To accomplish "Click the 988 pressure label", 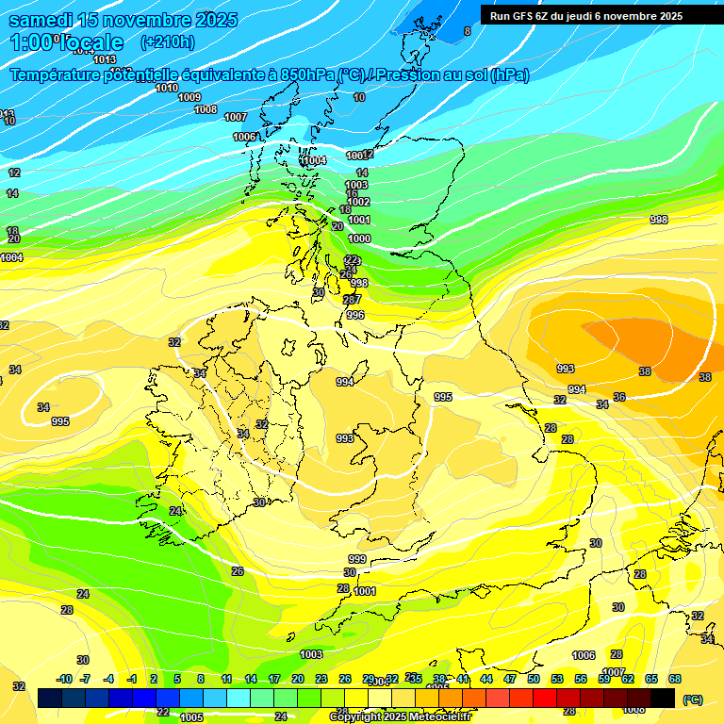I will point(659,220).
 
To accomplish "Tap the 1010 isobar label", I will point(167,88).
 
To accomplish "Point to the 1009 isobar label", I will point(189,97).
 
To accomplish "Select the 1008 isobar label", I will point(206,109).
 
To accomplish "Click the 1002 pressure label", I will point(358,202).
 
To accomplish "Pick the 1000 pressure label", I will point(359,239).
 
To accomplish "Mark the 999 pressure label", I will point(356,559).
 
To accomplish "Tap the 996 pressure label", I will point(355,315).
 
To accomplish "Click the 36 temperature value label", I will point(619,397).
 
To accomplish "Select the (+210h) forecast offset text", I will point(167,41).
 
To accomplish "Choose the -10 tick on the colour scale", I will point(64,679).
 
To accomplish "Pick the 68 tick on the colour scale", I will point(675,679).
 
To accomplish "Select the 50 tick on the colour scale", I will point(534,679).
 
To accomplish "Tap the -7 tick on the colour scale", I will point(85,679).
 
